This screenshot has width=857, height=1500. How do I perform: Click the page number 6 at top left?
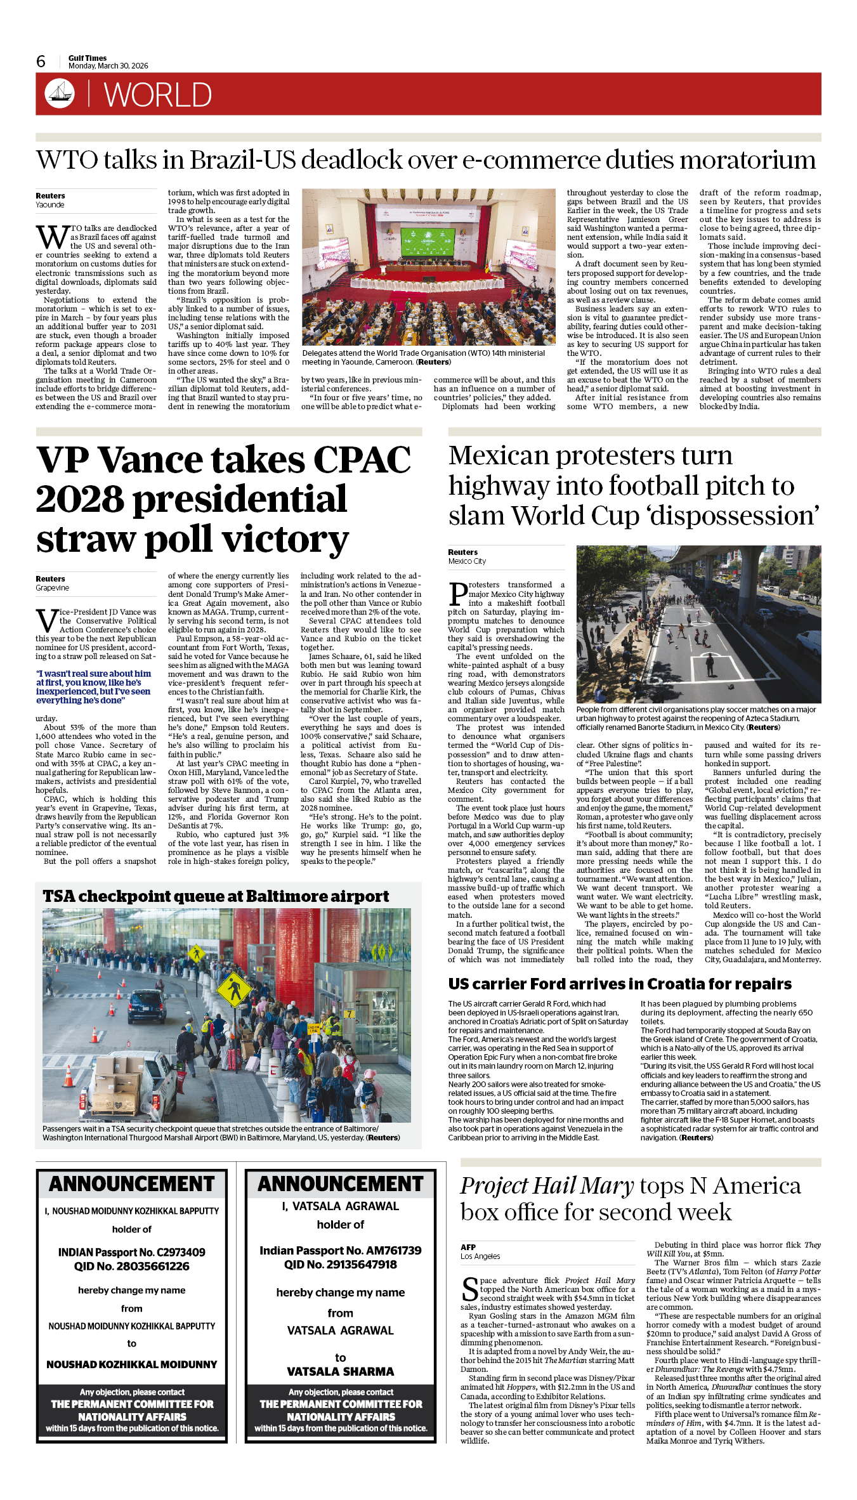(41, 62)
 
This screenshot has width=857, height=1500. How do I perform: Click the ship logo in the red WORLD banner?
(60, 93)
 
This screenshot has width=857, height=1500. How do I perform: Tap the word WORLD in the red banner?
(157, 95)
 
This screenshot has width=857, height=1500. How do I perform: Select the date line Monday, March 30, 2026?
(108, 66)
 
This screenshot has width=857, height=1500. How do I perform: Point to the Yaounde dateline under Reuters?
(50, 205)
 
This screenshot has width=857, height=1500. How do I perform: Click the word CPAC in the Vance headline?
(362, 459)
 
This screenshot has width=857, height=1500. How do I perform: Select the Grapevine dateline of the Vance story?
(53, 588)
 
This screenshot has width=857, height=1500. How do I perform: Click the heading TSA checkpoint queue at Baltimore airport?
(216, 896)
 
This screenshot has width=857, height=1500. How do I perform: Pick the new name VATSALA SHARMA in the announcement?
(341, 1371)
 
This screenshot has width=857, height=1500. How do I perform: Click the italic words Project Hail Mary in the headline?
(547, 1186)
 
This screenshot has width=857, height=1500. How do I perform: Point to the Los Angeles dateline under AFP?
(480, 1256)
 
